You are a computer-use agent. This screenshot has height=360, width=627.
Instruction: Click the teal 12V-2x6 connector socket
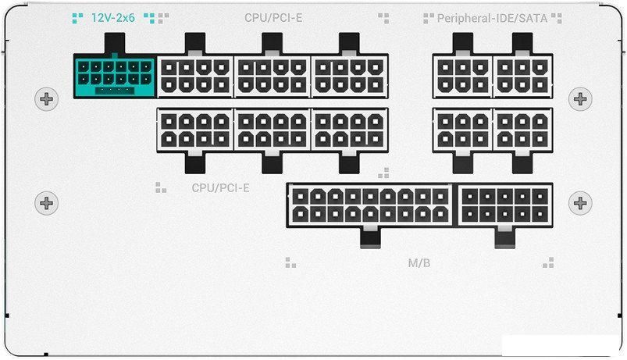[x=114, y=76]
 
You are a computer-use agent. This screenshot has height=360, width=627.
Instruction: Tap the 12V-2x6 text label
[x=113, y=18]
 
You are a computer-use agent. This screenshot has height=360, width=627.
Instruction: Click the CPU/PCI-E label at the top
[x=273, y=18]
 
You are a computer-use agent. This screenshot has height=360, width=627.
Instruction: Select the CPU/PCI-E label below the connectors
[x=220, y=187]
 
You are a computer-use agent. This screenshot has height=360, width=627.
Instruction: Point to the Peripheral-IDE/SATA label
[x=492, y=18]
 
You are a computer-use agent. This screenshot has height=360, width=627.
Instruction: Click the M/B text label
[x=419, y=263]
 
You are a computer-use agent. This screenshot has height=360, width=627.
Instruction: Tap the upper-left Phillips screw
[x=46, y=99]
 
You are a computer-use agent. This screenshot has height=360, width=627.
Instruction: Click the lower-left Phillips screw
[x=46, y=203]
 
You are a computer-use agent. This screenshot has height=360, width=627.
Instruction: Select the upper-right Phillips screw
[x=580, y=99]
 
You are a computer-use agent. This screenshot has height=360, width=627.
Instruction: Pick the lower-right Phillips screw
[x=580, y=203]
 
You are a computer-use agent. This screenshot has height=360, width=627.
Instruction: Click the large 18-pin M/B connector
[x=370, y=205]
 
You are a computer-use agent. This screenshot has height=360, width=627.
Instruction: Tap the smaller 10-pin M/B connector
[x=504, y=205]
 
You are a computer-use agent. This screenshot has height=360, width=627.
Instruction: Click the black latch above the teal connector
[x=114, y=43]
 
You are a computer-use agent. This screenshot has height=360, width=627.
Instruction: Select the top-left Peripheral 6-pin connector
[x=463, y=76]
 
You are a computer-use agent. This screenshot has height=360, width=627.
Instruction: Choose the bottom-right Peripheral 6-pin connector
[x=522, y=130]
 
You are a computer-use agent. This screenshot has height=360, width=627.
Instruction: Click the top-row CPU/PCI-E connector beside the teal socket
[x=195, y=76]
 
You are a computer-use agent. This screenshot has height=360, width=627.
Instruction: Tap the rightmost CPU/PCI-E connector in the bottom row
[x=350, y=130]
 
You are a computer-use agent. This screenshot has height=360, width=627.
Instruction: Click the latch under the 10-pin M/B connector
[x=504, y=237]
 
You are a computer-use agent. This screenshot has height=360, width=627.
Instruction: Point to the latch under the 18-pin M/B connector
[x=370, y=237]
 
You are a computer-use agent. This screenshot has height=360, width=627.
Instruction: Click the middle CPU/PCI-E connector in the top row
[x=273, y=76]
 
